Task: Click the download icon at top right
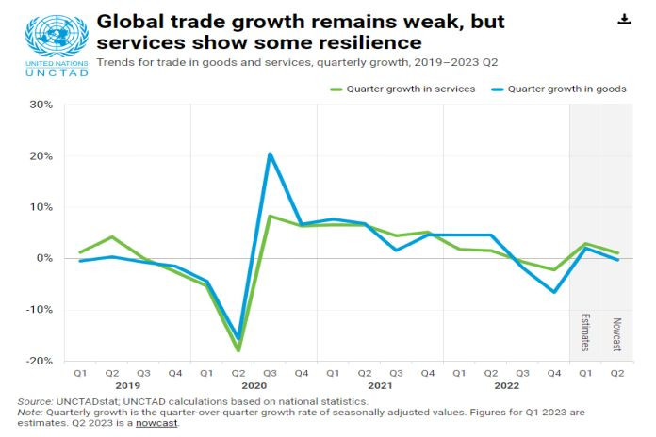pyautogui.click(x=624, y=19)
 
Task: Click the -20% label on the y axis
pyautogui.click(x=40, y=361)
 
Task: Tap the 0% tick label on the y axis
pyautogui.click(x=43, y=258)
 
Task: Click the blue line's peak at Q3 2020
pyautogui.click(x=270, y=154)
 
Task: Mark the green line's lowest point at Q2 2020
pyautogui.click(x=238, y=350)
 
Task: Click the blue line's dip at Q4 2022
pyautogui.click(x=554, y=292)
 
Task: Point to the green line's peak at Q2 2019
pyautogui.click(x=112, y=236)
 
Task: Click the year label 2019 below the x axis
pyautogui.click(x=127, y=386)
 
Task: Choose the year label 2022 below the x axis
pyautogui.click(x=506, y=386)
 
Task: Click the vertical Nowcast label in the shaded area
pyautogui.click(x=616, y=333)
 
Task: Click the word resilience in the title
pyautogui.click(x=370, y=43)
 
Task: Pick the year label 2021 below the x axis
pyautogui.click(x=380, y=386)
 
